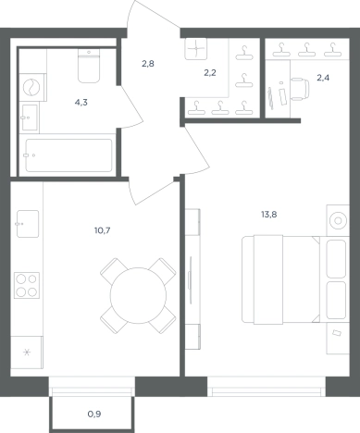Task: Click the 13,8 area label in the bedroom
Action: pyautogui.click(x=269, y=215)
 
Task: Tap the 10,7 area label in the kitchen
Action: pyautogui.click(x=103, y=230)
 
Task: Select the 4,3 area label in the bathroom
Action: pyautogui.click(x=81, y=103)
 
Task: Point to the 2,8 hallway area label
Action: pyautogui.click(x=148, y=64)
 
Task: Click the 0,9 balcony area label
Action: pyautogui.click(x=94, y=414)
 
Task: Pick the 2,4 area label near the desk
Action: pyautogui.click(x=323, y=78)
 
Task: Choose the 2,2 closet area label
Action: pyautogui.click(x=210, y=73)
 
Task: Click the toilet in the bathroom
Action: pyautogui.click(x=89, y=66)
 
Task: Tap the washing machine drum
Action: pyautogui.click(x=31, y=87)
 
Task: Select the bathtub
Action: pyautogui.click(x=68, y=155)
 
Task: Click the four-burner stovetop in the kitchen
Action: pyautogui.click(x=27, y=285)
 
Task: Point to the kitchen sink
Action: pyautogui.click(x=28, y=224)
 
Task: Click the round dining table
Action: pyautogui.click(x=138, y=295)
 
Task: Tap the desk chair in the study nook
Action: pyautogui.click(x=300, y=89)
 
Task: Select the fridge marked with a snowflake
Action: pyautogui.click(x=27, y=353)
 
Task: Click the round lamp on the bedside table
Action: pyautogui.click(x=338, y=221)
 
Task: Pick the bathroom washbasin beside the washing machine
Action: pyautogui.click(x=30, y=118)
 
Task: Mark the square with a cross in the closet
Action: pyautogui.click(x=196, y=49)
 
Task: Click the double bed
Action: pyautogui.click(x=295, y=279)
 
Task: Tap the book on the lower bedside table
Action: pyautogui.click(x=337, y=332)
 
